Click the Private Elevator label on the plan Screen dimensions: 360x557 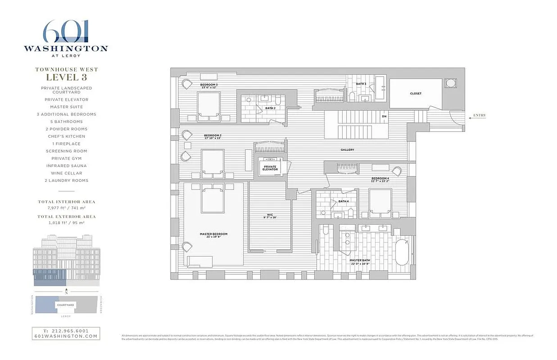[270, 168]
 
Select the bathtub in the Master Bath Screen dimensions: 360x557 [402, 252]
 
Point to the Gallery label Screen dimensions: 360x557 [347, 150]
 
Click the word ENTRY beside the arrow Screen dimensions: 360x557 [479, 116]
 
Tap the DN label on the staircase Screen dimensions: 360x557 [384, 116]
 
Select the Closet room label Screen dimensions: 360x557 [415, 94]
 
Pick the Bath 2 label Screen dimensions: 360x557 [270, 108]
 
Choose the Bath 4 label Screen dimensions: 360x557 [344, 201]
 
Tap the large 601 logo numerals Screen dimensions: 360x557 [66, 32]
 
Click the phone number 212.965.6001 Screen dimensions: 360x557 [66, 331]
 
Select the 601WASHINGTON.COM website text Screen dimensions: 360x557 [66, 336]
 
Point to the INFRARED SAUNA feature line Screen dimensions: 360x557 [66, 166]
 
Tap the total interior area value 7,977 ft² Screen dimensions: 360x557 [66, 208]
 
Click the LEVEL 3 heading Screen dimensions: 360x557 [66, 77]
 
